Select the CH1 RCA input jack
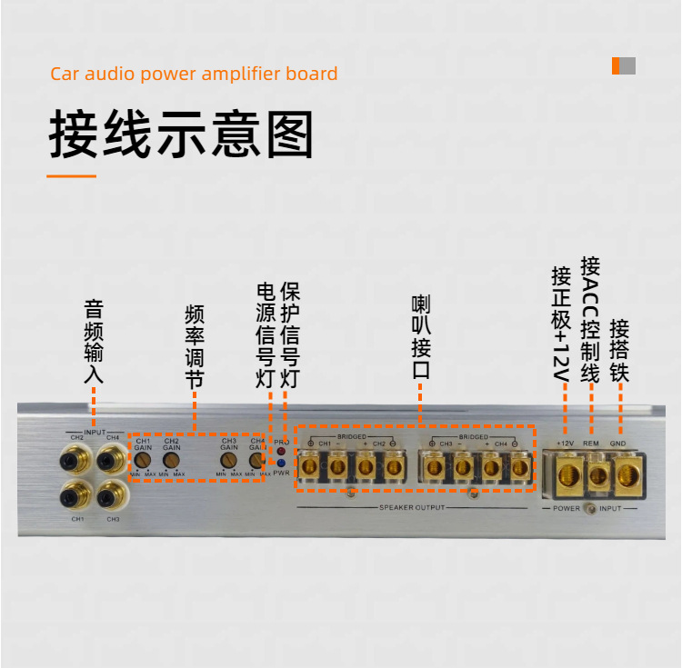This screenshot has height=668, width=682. point(75,496)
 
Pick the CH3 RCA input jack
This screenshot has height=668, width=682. point(111,496)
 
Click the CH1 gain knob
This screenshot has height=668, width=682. point(143,461)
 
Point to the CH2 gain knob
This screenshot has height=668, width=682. point(171,461)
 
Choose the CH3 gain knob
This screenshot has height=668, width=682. point(227,461)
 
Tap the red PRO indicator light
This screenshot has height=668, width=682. point(281,451)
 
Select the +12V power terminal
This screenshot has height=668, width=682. point(566,474)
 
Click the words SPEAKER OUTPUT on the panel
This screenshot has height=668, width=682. point(412,507)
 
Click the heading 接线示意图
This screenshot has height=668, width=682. point(181,136)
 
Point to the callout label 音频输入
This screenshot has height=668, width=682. point(94,341)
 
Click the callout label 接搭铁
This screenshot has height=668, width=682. point(620,350)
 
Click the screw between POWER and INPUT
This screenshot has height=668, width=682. point(592,509)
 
